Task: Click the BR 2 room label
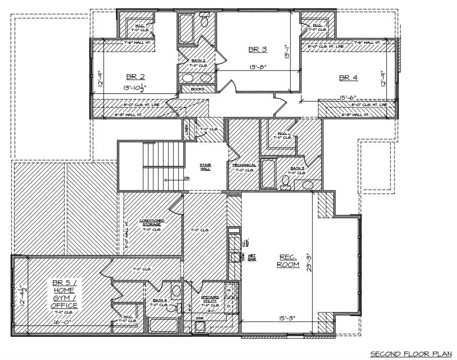tap(135, 77)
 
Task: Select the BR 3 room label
tap(258, 49)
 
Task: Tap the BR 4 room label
tap(348, 77)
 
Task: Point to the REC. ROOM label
tap(288, 261)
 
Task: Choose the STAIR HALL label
tap(205, 167)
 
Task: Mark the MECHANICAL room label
tap(244, 165)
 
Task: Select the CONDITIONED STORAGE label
tap(151, 223)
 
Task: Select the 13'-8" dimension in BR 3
tap(257, 66)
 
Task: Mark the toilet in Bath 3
tap(286, 182)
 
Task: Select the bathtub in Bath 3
tap(269, 174)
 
